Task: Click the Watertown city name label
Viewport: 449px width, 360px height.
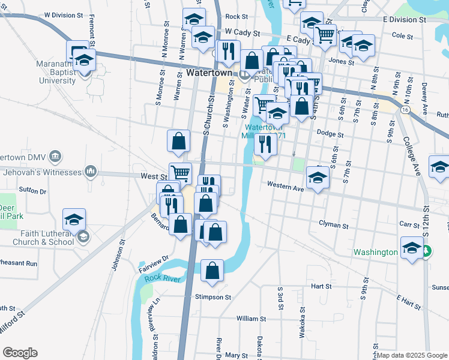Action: point(208,73)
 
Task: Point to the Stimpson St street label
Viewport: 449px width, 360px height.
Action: point(212,297)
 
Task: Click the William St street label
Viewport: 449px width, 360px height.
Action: point(251,319)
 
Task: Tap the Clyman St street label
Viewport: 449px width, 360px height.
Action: point(334,226)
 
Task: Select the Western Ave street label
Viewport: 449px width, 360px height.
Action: point(286,186)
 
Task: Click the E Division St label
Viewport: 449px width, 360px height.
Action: point(404,19)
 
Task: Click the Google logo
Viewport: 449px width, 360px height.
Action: point(20,353)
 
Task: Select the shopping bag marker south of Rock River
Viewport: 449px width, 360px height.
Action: point(212,271)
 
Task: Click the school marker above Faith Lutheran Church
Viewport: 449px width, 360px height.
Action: point(74,219)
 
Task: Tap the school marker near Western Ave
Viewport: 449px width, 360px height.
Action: point(317,177)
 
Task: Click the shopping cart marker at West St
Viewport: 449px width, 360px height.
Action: point(180,173)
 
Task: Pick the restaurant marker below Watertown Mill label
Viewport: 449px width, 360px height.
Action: point(265,144)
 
